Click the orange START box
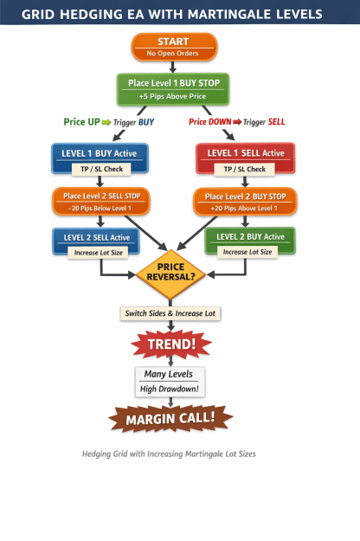point(174,47)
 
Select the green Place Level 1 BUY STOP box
point(173,89)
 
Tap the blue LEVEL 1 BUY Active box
point(100,158)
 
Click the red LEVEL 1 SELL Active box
point(245,158)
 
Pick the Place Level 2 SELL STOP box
point(101,201)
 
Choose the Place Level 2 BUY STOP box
point(245,202)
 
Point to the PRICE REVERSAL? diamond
point(170,274)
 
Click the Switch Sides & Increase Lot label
point(170,313)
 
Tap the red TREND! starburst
point(171,344)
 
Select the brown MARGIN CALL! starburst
point(170,418)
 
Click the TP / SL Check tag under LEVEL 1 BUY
point(101,169)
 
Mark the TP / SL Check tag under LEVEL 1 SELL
point(245,169)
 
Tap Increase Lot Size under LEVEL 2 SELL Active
point(98,253)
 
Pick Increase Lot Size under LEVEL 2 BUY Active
point(247,252)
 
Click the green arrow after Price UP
point(106,122)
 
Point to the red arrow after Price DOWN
point(237,122)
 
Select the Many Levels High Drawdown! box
point(170,382)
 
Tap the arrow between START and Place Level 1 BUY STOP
point(173,68)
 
